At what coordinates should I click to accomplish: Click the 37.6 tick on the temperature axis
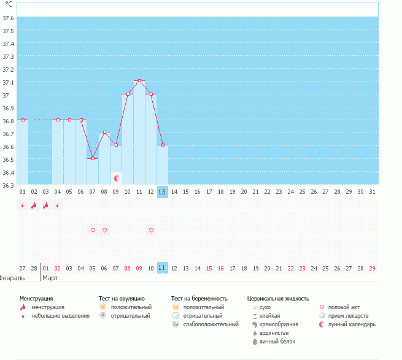9,18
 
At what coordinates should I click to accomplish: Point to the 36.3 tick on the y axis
9,185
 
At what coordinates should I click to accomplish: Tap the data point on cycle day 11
139,81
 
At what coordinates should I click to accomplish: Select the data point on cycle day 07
93,159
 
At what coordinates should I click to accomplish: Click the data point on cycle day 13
163,145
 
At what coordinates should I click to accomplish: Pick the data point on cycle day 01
23,120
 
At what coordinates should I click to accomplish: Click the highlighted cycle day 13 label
162,192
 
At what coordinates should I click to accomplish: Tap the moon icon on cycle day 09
116,178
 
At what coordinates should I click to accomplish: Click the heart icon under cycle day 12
151,230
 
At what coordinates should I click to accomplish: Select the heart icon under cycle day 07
93,230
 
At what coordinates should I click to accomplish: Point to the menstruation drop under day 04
58,206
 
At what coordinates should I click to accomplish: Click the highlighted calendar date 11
162,268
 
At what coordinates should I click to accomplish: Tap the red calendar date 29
372,268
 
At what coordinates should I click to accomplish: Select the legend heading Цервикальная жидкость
277,299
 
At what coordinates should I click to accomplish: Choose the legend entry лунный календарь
352,324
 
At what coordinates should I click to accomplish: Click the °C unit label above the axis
9,4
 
